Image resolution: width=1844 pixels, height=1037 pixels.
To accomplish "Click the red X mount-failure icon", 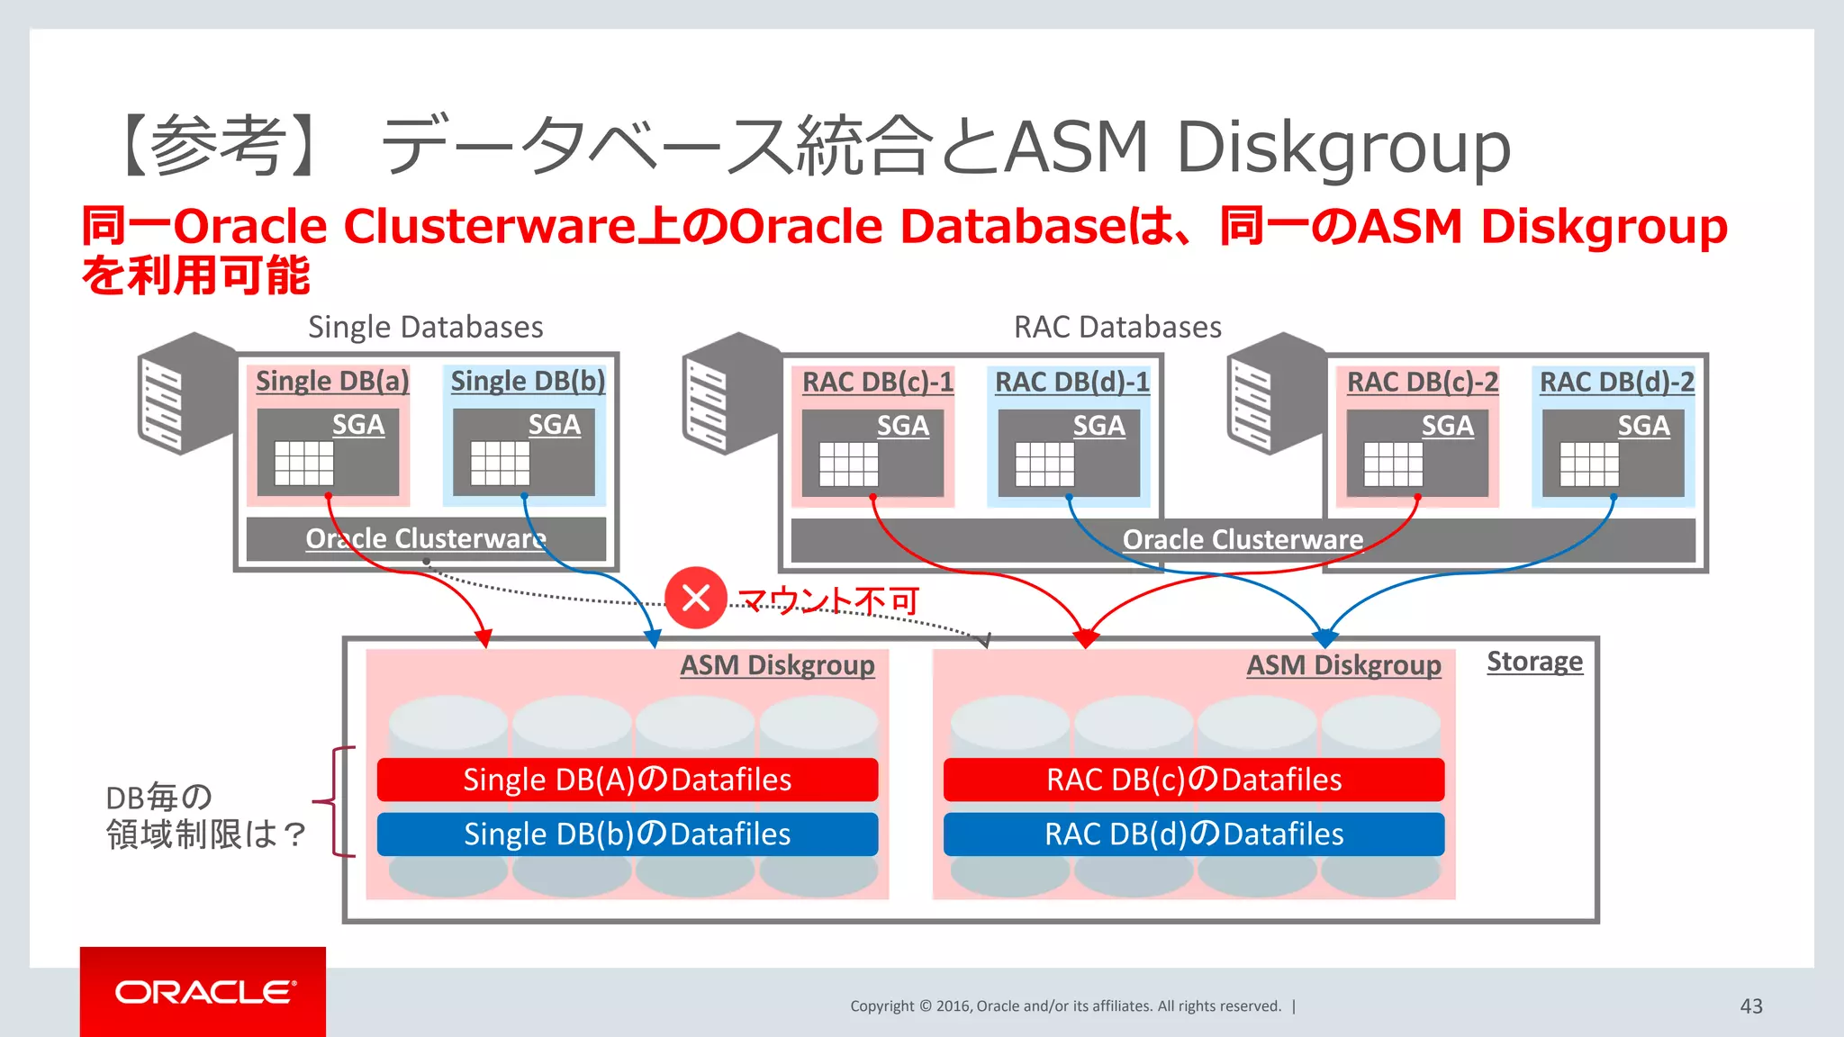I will click(x=696, y=598).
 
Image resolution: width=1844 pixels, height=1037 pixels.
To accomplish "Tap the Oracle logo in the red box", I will click(x=204, y=992).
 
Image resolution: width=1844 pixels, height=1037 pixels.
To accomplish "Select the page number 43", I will click(x=1750, y=1006).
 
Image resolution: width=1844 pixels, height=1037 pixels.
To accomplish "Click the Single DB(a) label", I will click(x=332, y=381).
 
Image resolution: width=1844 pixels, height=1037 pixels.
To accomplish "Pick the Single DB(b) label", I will click(x=528, y=381).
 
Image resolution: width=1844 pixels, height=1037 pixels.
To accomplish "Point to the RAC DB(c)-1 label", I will click(x=877, y=382).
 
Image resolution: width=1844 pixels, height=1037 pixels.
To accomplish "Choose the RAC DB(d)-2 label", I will click(x=1616, y=382).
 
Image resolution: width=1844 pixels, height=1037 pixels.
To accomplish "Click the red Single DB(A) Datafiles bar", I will click(x=627, y=780).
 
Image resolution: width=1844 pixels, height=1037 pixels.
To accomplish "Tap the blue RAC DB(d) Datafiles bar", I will click(x=1193, y=834).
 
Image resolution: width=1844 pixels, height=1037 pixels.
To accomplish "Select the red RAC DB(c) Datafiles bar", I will click(x=1193, y=780).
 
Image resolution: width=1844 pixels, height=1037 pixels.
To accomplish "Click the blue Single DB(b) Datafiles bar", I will click(x=627, y=834).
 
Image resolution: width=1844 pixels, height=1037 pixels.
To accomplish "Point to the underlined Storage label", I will click(x=1534, y=662).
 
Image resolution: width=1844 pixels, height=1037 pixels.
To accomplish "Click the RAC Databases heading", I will click(x=1117, y=327).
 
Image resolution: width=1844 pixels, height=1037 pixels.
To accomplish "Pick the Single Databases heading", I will click(x=425, y=327).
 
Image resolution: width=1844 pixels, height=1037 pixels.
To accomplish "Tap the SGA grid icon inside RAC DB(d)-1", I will click(x=1044, y=464).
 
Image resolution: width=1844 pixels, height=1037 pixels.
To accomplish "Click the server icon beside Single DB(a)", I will click(x=186, y=393).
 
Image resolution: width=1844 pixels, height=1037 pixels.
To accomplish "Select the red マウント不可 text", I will click(x=828, y=600).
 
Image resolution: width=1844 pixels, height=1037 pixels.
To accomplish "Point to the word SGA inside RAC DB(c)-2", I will click(x=1447, y=426).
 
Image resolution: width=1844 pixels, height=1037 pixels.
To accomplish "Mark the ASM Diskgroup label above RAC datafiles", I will click(x=1343, y=665).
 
